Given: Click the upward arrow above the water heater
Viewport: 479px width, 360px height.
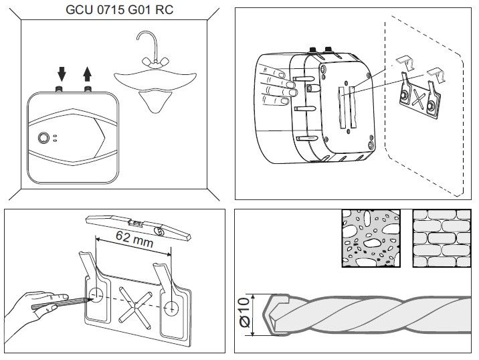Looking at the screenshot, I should pyautogui.click(x=86, y=72).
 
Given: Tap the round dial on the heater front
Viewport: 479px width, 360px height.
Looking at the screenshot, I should pyautogui.click(x=43, y=138).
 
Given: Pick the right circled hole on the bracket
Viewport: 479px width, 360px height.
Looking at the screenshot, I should pyautogui.click(x=172, y=308).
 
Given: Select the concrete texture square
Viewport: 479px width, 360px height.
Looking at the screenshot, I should pyautogui.click(x=369, y=238).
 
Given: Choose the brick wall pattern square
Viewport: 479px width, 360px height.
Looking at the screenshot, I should pyautogui.click(x=439, y=238).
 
